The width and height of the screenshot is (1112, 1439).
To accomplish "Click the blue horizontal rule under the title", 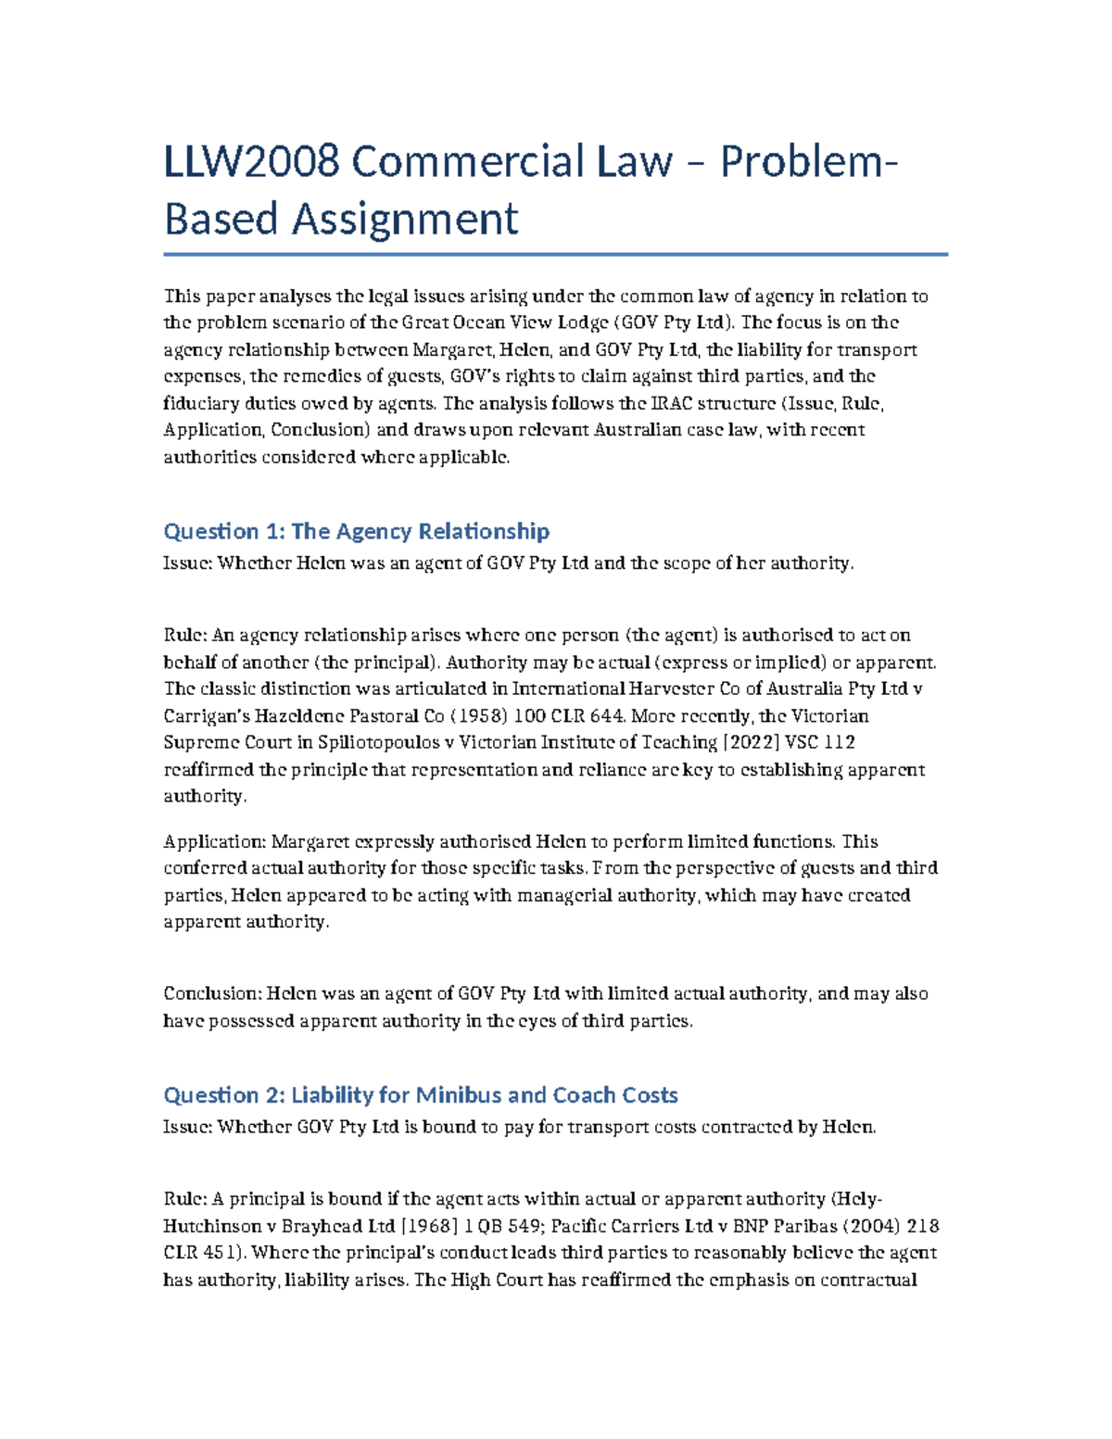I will [555, 254].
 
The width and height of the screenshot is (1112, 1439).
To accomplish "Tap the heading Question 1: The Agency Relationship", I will [356, 531].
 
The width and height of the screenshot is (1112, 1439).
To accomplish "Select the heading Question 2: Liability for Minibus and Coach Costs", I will [420, 1095].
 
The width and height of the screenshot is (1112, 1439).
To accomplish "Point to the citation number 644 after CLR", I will [609, 715].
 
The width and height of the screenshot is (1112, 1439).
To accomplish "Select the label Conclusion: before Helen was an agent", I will [212, 993].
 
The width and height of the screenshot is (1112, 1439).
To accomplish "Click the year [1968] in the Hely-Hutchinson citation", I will [428, 1226].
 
